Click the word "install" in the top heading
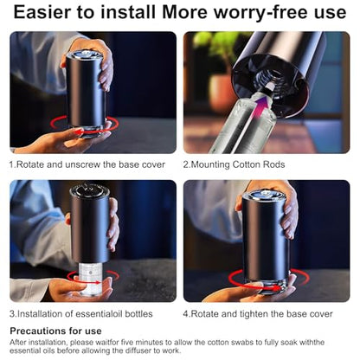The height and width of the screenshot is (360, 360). point(128,12)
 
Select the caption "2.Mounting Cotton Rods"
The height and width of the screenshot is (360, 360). point(234,164)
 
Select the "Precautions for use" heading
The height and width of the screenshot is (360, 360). point(55,331)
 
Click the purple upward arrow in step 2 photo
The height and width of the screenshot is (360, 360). point(260,108)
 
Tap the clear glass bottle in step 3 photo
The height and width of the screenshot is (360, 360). point(90,279)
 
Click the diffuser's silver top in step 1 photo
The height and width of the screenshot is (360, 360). point(85,54)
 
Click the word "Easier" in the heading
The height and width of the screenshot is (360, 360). point(42,12)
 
